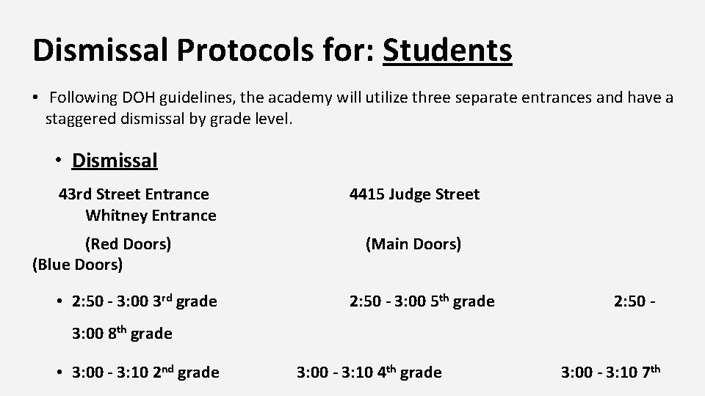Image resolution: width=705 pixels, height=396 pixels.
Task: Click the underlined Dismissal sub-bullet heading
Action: click(x=115, y=160)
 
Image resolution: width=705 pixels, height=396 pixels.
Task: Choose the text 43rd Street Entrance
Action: click(x=134, y=194)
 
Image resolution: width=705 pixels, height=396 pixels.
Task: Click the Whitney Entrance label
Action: click(x=151, y=216)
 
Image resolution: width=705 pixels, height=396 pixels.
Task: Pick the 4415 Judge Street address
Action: click(x=414, y=194)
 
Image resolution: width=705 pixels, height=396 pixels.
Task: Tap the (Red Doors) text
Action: click(x=128, y=243)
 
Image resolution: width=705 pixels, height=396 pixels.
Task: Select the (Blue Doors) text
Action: click(x=78, y=264)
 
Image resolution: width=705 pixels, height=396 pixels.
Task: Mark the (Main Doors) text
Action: click(x=413, y=243)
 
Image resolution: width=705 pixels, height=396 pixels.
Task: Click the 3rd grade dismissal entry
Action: click(x=145, y=301)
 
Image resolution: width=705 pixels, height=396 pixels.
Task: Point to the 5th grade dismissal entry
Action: click(x=422, y=301)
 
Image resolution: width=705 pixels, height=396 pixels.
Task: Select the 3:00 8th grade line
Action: click(x=122, y=334)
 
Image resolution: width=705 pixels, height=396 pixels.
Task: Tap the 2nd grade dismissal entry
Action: click(x=145, y=373)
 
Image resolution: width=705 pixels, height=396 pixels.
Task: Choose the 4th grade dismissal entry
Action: click(x=369, y=373)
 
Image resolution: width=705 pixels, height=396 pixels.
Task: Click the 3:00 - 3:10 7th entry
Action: click(x=611, y=373)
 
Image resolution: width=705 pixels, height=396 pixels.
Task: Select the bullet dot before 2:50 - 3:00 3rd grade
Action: click(x=59, y=301)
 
